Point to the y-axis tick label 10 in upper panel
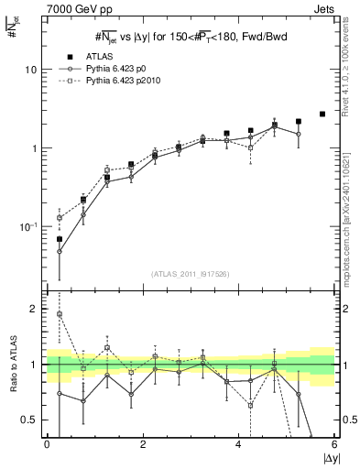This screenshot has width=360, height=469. [31, 70]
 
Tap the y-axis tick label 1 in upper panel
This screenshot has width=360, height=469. [34, 148]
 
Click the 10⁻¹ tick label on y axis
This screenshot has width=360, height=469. [29, 226]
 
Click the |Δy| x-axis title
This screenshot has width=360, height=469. [325, 459]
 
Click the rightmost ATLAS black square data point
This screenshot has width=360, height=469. [322, 114]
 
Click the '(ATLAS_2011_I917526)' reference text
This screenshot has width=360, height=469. [191, 274]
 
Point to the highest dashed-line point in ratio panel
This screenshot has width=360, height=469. [59, 314]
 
